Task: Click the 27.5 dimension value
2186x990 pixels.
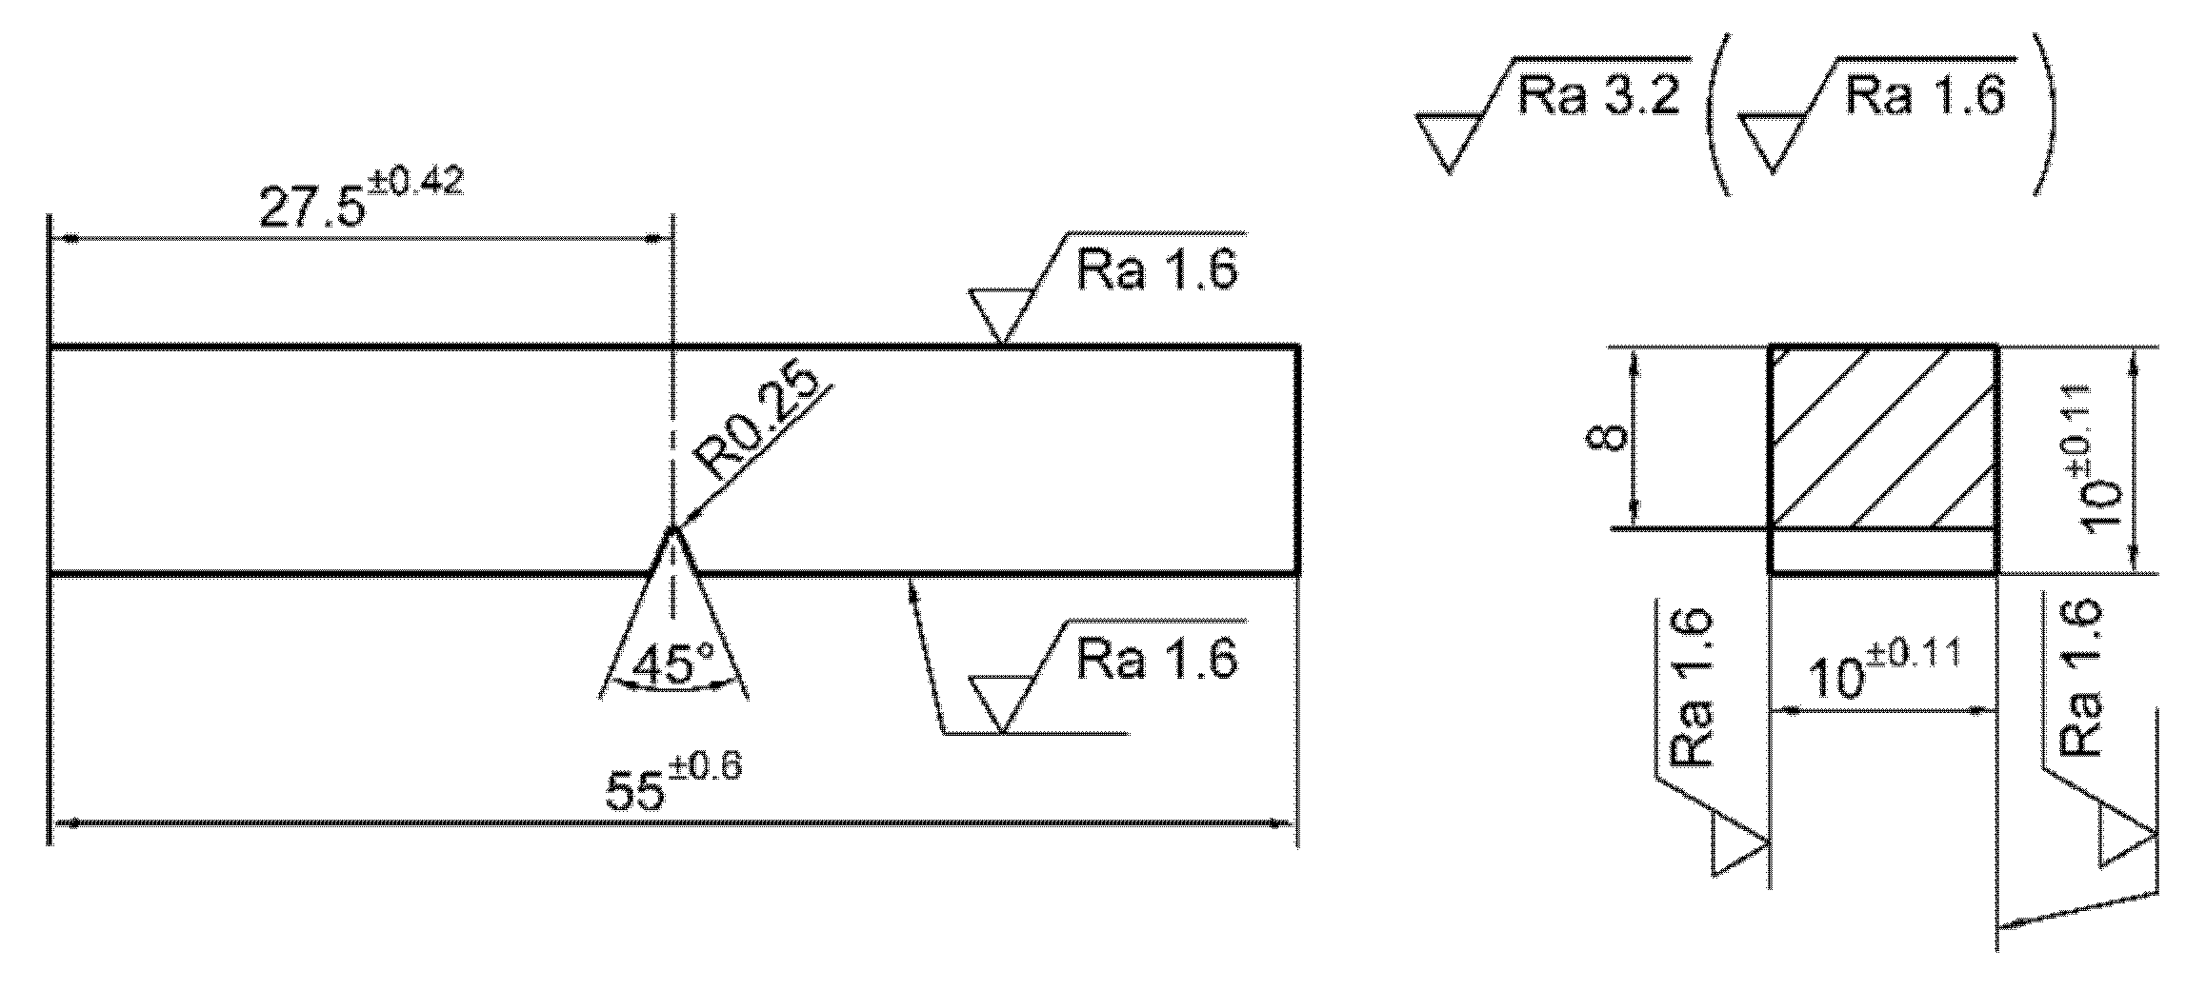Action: (311, 208)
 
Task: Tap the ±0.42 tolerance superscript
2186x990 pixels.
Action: (416, 182)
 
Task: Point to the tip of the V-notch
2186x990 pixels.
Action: (673, 529)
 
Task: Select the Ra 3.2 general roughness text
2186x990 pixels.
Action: (1595, 96)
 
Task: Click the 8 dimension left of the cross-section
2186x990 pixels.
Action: (1609, 438)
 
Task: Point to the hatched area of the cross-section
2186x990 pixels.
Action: (1882, 438)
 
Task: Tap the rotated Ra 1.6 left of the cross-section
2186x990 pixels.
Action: (1693, 688)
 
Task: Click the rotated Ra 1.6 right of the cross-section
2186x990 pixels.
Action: (2080, 678)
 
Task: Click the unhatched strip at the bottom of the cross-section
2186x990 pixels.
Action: (1882, 551)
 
